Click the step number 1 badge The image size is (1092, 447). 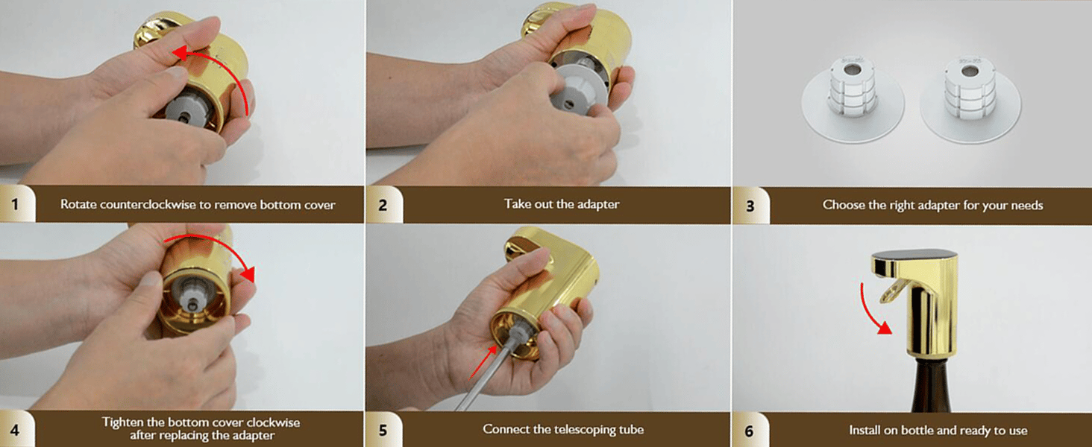[x=15, y=204]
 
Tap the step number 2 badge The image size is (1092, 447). [x=383, y=205]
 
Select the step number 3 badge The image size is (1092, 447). [x=750, y=206]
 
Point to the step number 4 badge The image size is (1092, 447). [x=15, y=429]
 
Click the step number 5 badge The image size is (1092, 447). [x=383, y=430]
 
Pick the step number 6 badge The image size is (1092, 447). [x=750, y=431]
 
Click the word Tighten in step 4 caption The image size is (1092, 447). [x=122, y=422]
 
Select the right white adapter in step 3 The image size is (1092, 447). [x=970, y=99]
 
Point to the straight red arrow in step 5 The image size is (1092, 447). [x=483, y=362]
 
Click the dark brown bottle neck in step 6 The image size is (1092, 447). [x=931, y=384]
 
